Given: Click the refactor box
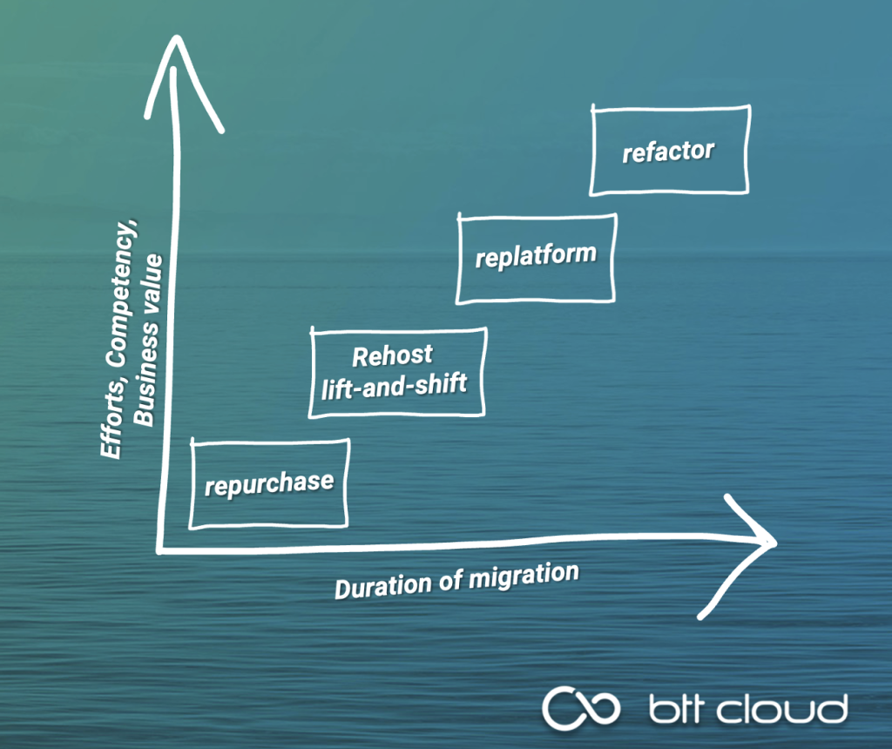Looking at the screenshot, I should pos(669,150).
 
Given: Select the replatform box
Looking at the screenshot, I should pos(537,258).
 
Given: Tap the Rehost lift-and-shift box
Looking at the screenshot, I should pos(397,372).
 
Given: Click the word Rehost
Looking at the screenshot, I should pos(392,356).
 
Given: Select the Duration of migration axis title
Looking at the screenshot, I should pos(456,581).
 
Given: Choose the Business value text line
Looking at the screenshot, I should pos(149,340).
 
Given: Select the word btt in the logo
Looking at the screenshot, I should pos(679,710).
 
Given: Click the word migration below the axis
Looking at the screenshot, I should pos(522,576).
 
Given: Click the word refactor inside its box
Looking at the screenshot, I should pos(668,152).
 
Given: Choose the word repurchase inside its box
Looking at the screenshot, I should pos(269,482).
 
